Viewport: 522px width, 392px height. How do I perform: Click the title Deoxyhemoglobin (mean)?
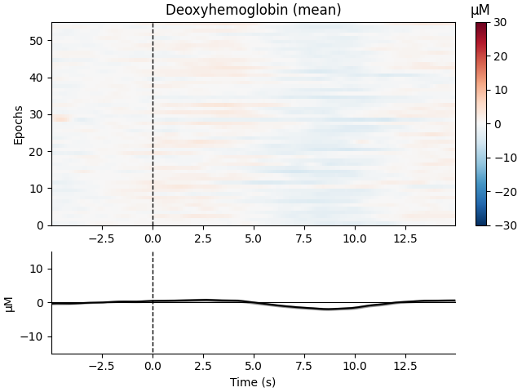coord(253,11)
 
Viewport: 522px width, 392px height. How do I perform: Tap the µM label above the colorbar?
coord(481,11)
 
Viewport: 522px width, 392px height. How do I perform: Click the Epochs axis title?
coord(18,124)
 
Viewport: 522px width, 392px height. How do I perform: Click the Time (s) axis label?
coord(253,381)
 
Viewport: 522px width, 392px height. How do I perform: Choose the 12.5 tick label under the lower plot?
coord(405,366)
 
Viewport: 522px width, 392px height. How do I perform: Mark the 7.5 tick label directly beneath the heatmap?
coord(303,238)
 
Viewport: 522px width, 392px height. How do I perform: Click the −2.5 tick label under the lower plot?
coord(102,366)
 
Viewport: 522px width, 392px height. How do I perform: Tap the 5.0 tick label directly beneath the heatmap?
coord(253,238)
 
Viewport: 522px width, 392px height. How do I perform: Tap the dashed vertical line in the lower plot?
coord(153,327)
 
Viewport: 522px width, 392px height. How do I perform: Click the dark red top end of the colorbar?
coord(482,26)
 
